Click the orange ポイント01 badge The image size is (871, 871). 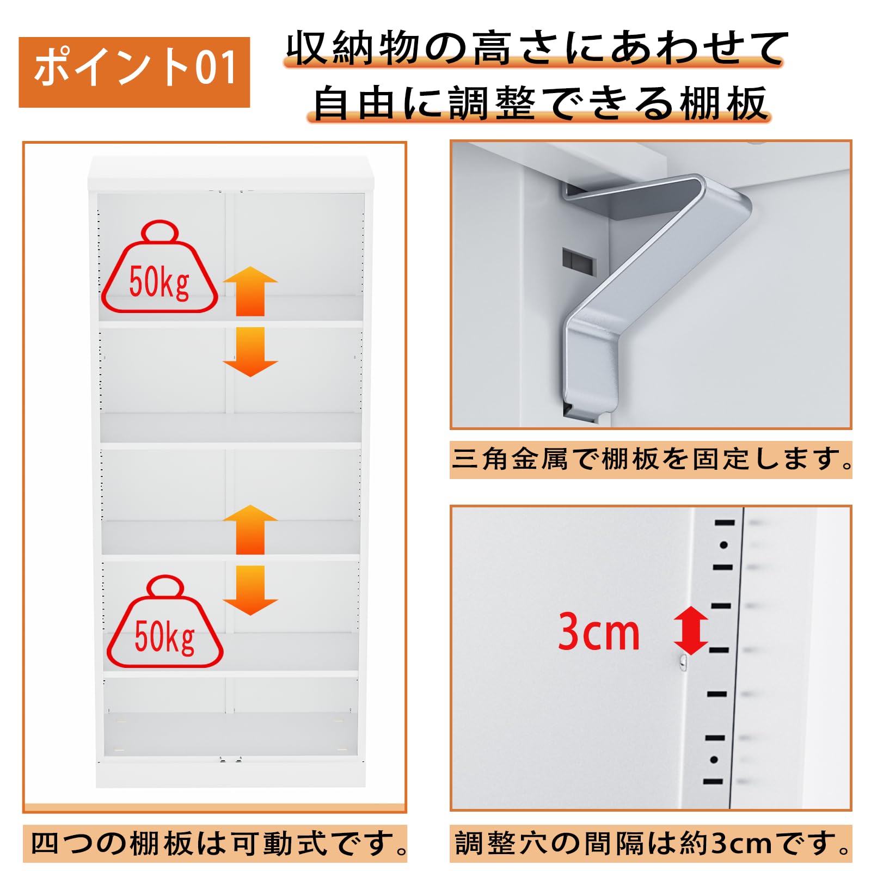pos(134,72)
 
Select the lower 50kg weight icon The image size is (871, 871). pos(164,621)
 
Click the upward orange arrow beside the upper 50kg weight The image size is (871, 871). pos(250,291)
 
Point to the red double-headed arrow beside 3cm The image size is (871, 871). pos(691,630)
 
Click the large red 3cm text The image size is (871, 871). pos(599,631)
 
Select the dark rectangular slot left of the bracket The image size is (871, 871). pos(579,260)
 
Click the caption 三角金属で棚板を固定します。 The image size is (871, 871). pos(651,459)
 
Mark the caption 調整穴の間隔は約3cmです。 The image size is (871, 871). pos(651,843)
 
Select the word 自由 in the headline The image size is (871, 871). pos(354,103)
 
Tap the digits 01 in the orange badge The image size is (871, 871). pos(216,68)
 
